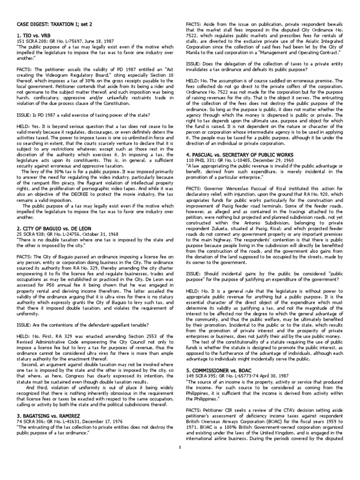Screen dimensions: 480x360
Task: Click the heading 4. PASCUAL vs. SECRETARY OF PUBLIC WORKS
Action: pyautogui.click(x=240, y=154)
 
